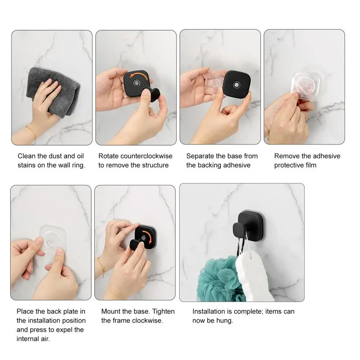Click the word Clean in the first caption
tap(27, 156)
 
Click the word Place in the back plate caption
tap(25, 311)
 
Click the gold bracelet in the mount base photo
tap(102, 266)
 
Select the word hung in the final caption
tap(225, 320)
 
